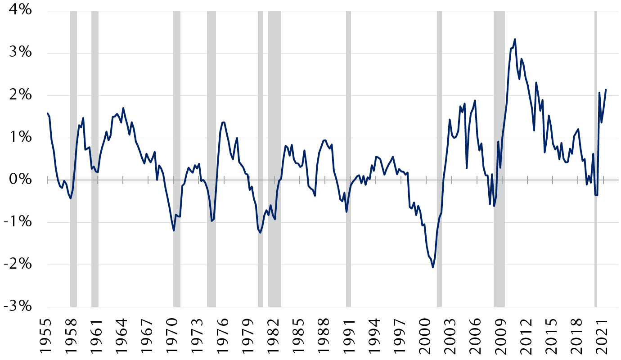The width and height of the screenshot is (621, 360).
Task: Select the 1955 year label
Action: (x=46, y=333)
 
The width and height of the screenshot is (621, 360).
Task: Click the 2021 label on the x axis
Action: (x=603, y=333)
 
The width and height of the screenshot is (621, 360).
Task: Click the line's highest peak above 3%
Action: (x=515, y=39)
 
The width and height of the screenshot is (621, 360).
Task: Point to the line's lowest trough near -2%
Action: (x=433, y=267)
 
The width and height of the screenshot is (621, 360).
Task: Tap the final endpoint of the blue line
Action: (x=606, y=90)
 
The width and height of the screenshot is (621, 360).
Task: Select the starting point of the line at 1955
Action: (x=47, y=113)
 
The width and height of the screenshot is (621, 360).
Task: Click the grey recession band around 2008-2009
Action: (x=499, y=157)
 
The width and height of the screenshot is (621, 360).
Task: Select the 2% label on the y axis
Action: (x=18, y=95)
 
